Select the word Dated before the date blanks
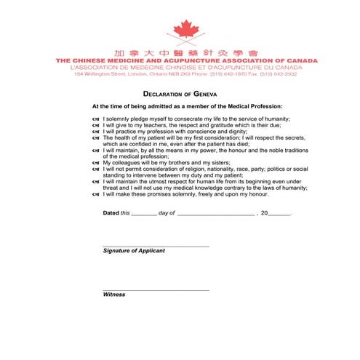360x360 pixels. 111,213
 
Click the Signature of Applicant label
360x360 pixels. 134,250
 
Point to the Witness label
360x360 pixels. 114,295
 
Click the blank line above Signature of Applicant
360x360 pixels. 156,245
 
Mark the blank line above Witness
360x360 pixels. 156,289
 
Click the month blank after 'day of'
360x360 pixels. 215,215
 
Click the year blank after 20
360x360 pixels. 280,215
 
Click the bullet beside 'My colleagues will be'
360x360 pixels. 96,163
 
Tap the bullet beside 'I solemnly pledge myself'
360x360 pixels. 96,119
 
